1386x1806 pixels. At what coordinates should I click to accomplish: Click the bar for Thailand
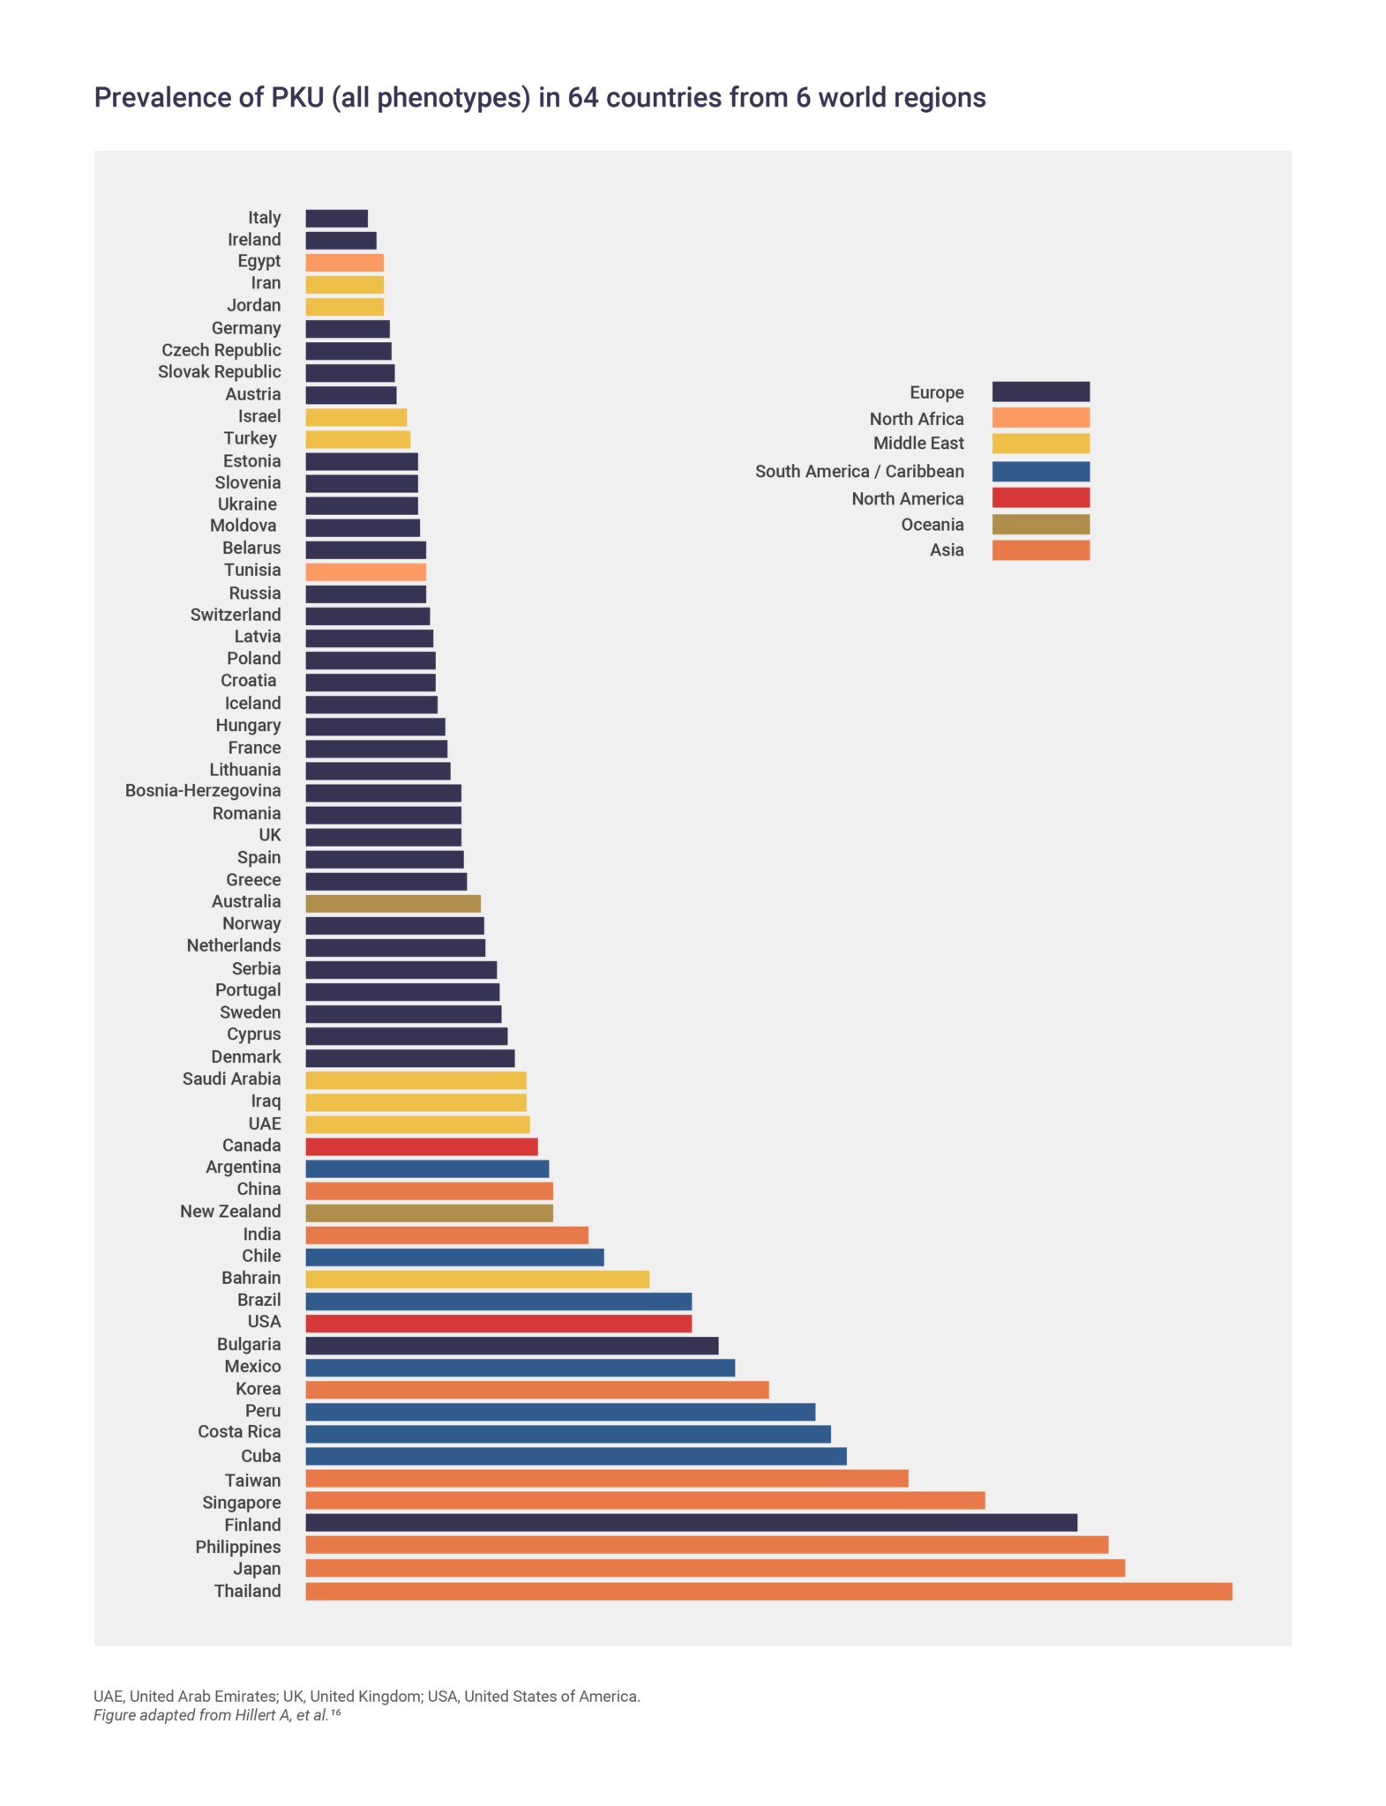(768, 1591)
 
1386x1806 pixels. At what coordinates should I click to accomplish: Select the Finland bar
(691, 1523)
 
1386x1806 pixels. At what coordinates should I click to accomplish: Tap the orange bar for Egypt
(344, 262)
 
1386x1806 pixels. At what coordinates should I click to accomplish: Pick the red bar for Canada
(421, 1146)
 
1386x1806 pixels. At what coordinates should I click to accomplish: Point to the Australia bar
(393, 903)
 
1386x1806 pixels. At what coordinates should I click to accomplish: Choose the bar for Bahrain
(476, 1279)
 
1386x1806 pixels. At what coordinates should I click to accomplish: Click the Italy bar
(336, 218)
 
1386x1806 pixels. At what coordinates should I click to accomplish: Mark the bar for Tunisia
(365, 571)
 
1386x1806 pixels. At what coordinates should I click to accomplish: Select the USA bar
(498, 1323)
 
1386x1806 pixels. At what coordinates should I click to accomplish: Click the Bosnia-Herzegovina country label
(203, 791)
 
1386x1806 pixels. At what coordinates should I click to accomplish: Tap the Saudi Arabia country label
(231, 1078)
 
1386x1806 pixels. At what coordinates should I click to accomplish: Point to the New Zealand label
(230, 1212)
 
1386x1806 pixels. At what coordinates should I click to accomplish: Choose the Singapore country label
(241, 1503)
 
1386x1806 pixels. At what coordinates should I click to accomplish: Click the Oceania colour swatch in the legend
(1040, 525)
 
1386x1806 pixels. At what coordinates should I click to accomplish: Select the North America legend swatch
(1040, 498)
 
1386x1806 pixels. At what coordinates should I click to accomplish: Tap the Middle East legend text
(918, 444)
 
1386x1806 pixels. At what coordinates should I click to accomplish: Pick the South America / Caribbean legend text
(858, 472)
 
